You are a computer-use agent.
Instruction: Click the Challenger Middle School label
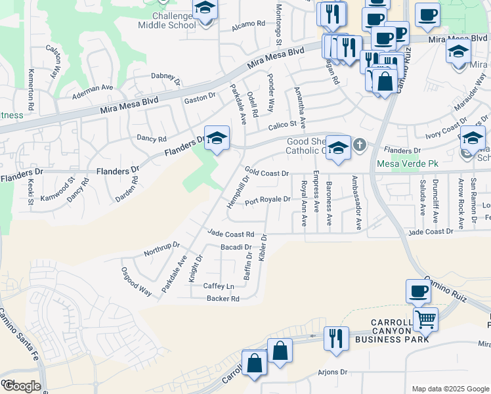tap(167, 20)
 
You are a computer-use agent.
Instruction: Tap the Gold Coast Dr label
tap(267, 172)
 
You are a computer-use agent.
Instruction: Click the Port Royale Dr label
tap(267, 199)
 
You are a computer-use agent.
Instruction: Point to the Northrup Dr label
tap(161, 250)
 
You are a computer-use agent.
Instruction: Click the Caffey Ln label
tap(219, 286)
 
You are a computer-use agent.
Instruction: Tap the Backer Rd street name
tap(223, 298)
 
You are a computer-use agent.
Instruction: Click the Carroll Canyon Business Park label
tap(392, 332)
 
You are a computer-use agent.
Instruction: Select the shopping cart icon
tap(425, 320)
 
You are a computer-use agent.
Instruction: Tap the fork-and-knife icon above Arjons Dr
tap(336, 339)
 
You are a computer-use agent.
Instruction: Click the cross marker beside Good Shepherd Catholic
tap(360, 144)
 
